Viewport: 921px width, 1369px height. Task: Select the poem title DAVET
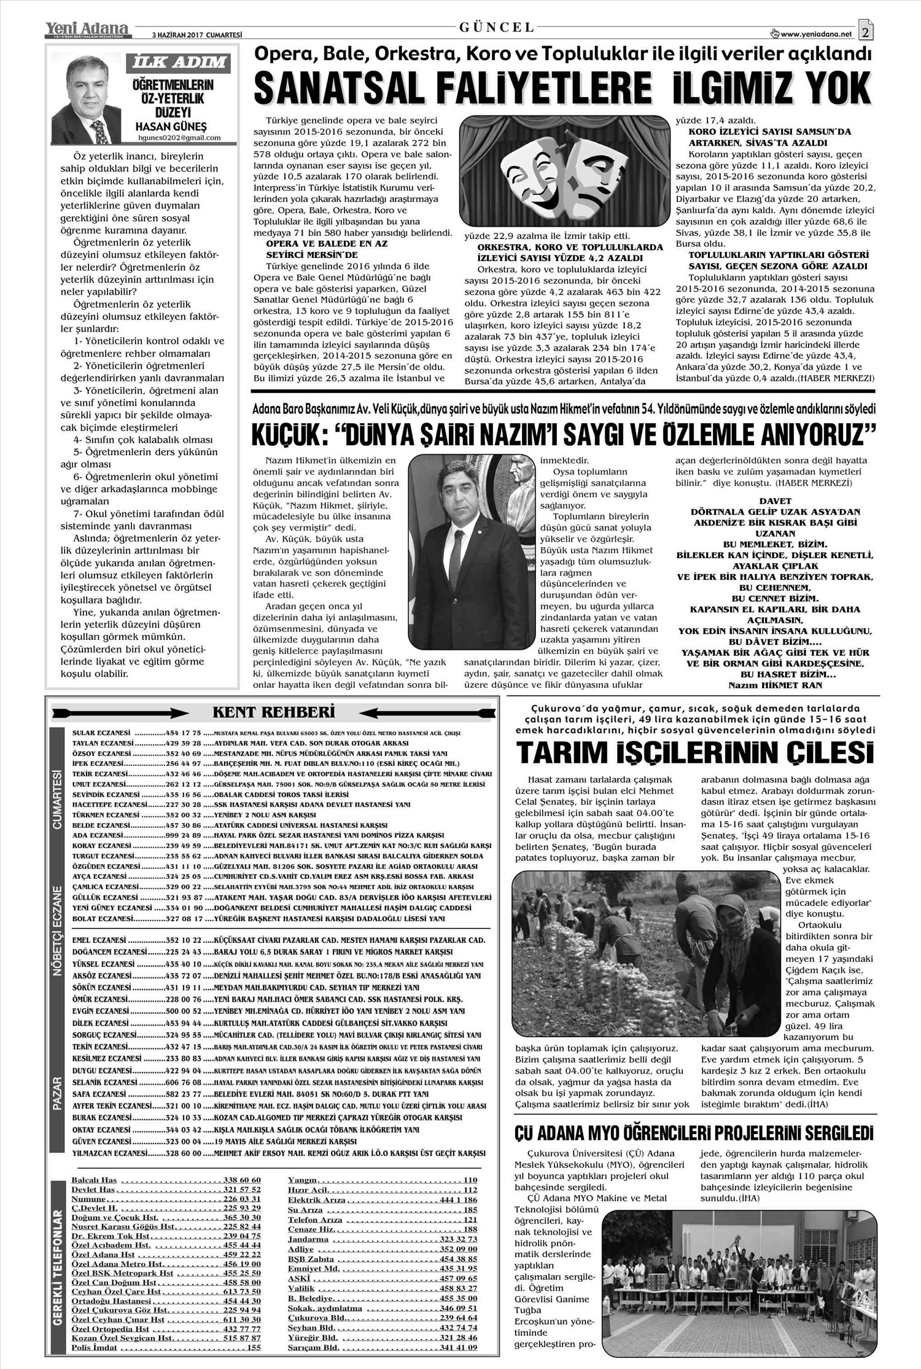coord(775,501)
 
